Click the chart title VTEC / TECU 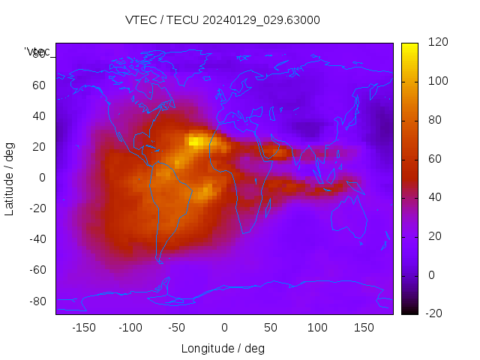point(223,20)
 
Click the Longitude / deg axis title point(223,348)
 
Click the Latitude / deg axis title point(10,178)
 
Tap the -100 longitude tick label point(130,328)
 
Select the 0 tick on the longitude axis point(223,328)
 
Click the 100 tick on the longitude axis point(317,328)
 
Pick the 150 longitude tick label point(364,328)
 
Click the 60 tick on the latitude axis point(39,85)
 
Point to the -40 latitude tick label point(37,239)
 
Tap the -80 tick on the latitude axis point(37,301)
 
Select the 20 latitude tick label point(39,146)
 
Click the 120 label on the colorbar point(437,43)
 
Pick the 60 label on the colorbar point(434,159)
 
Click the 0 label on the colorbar point(431,274)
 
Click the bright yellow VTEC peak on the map point(196,140)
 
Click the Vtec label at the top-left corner point(37,52)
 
